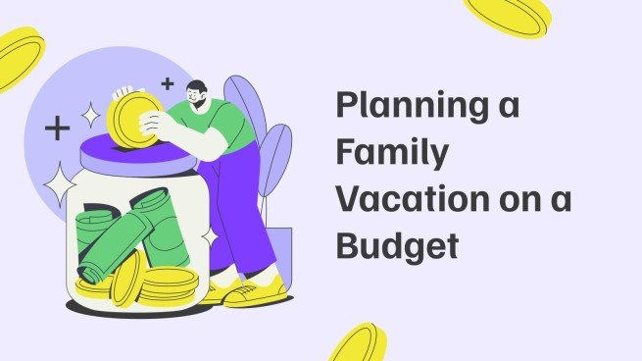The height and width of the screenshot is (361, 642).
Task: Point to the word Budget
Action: click(x=397, y=245)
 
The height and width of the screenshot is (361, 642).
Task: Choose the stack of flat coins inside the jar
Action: click(x=168, y=284)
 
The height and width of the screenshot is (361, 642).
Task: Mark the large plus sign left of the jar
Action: click(x=58, y=128)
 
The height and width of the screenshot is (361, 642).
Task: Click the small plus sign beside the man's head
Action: click(x=167, y=83)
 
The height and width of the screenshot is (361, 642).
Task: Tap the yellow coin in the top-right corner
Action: click(x=508, y=15)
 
